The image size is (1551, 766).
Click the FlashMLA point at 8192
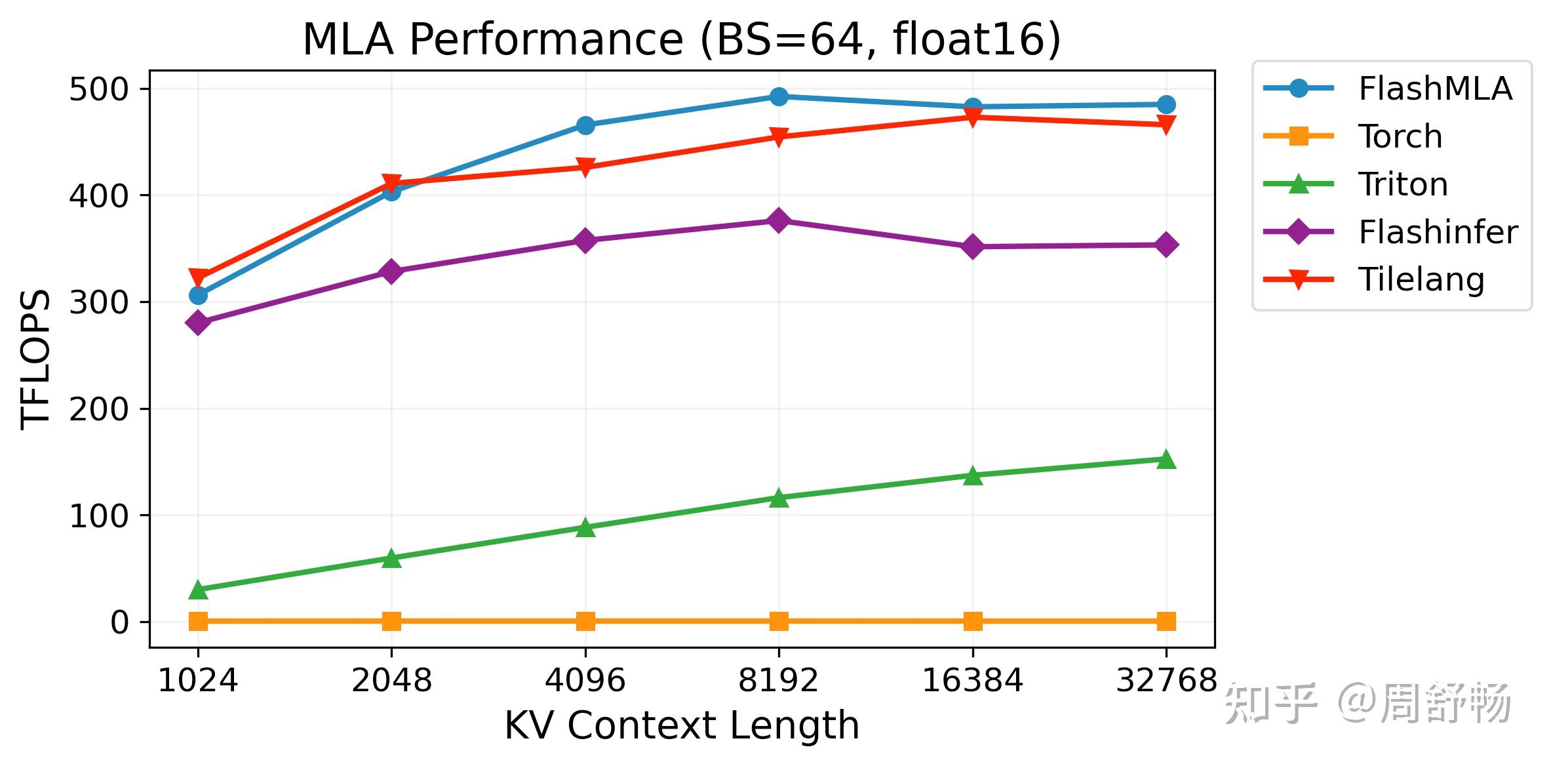coord(779,96)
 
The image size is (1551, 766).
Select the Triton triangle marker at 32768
coord(1166,460)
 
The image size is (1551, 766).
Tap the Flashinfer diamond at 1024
coord(198,322)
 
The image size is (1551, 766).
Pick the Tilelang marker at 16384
coord(973,117)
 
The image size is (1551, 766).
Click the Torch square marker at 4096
coord(585,621)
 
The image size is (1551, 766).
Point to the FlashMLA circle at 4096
coord(585,125)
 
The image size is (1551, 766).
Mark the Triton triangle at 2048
coord(391,559)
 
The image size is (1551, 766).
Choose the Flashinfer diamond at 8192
coord(779,220)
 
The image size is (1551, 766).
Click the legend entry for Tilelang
coord(1421,280)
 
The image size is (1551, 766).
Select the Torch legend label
coord(1400,136)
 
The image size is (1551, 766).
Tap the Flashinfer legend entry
coord(1438,232)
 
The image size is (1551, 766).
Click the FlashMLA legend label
coord(1435,89)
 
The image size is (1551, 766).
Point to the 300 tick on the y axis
coord(100,302)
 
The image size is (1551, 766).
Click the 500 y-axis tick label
coord(100,89)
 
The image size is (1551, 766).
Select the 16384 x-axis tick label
coord(972,681)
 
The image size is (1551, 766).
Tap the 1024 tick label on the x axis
coord(197,681)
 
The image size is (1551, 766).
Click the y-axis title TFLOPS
coord(36,359)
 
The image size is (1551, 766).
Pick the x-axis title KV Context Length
coord(682,725)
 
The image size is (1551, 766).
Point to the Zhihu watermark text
coord(1367,703)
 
